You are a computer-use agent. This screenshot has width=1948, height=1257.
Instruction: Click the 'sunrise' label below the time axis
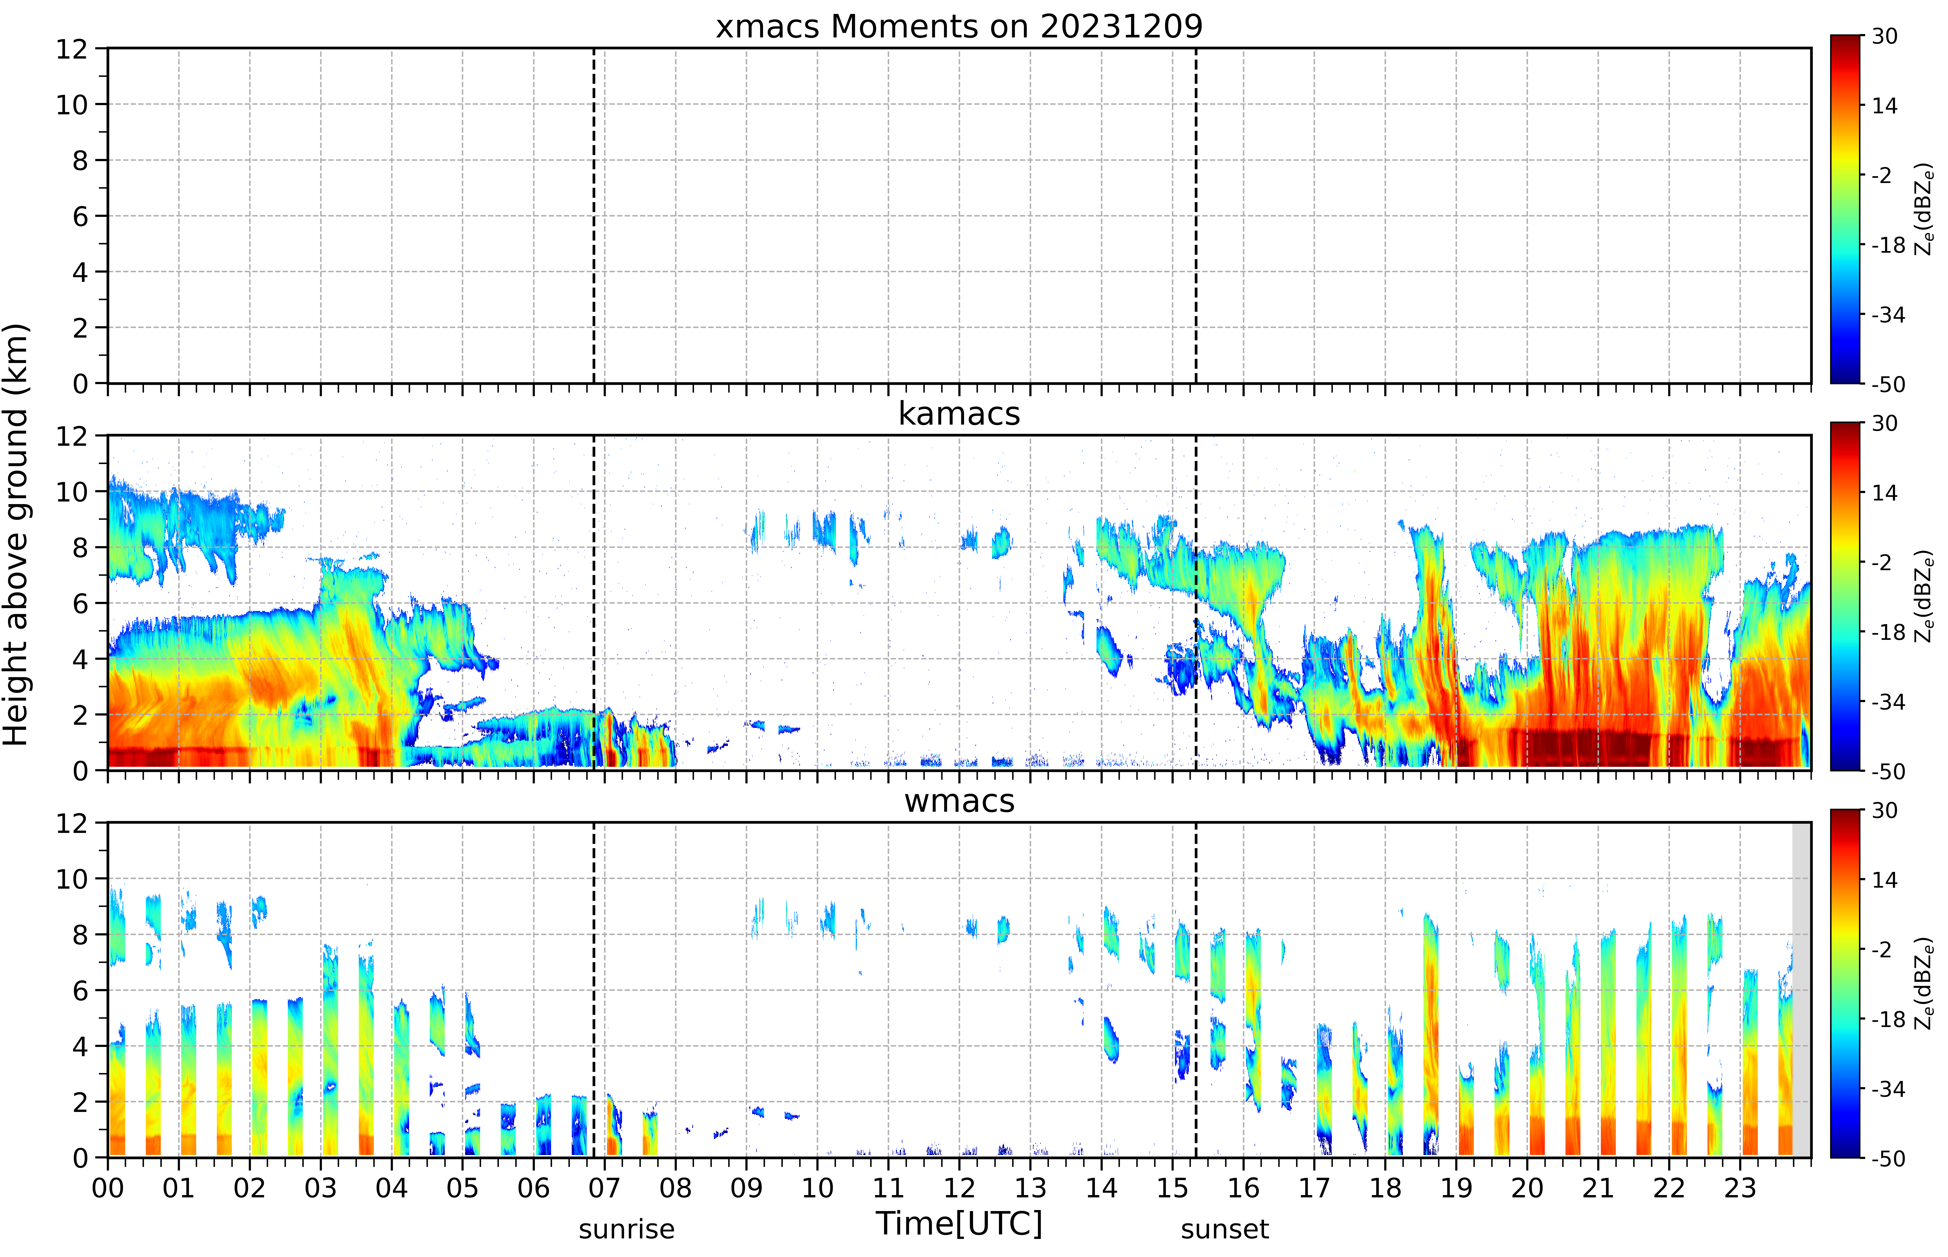(x=627, y=1228)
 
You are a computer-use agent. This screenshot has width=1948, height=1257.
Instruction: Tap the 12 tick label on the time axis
(x=960, y=1188)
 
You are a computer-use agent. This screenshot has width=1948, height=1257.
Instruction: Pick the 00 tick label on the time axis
(x=108, y=1188)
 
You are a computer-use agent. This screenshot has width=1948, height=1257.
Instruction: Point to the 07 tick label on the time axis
(x=605, y=1188)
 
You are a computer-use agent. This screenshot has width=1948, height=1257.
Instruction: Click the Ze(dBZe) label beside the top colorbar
(x=1924, y=209)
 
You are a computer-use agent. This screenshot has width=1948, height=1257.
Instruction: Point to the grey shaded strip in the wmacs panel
(x=1801, y=989)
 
